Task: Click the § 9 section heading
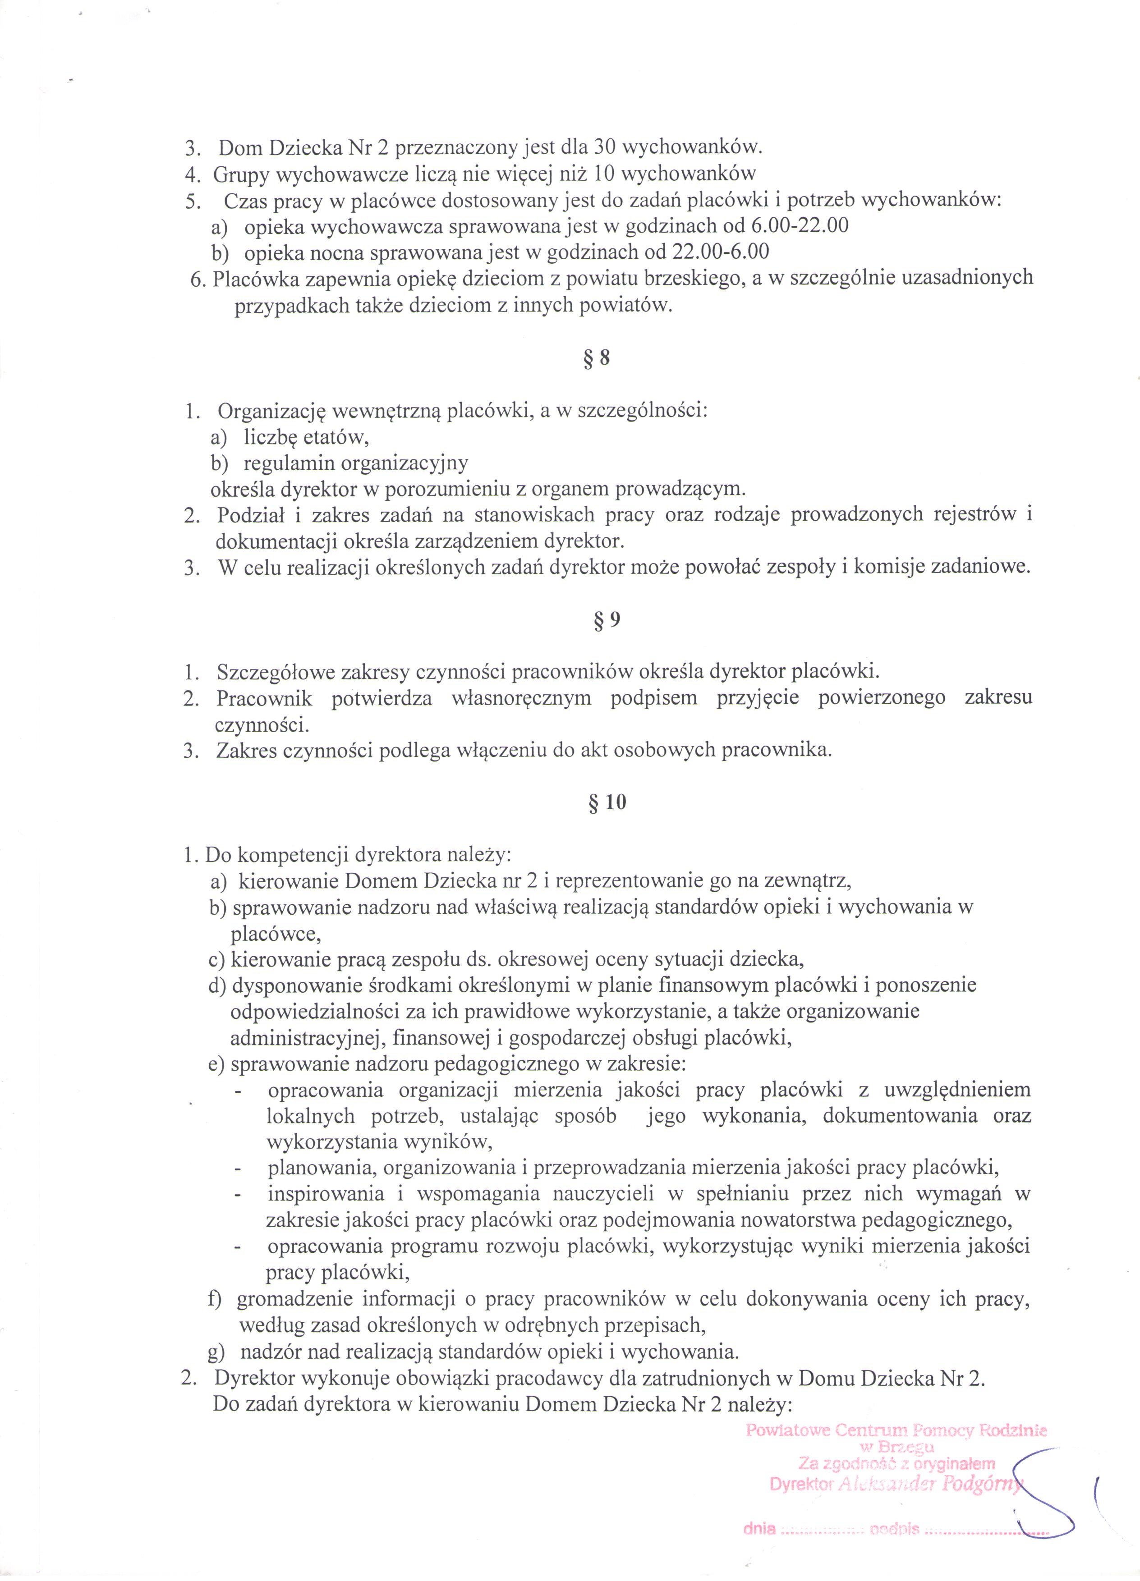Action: (x=607, y=620)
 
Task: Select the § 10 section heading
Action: (x=607, y=802)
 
